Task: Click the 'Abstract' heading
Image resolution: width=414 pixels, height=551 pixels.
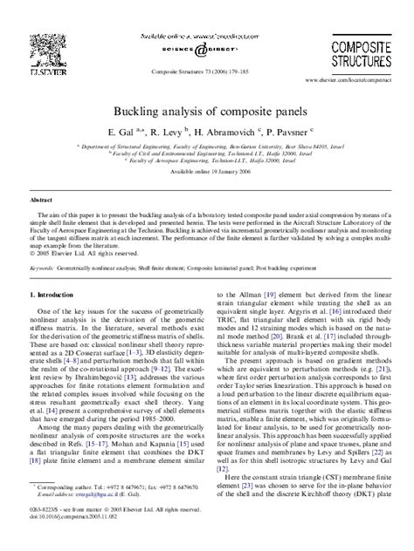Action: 41,200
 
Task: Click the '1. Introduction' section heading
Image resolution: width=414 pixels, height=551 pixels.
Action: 52,296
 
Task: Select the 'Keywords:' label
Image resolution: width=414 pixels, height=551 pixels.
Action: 42,269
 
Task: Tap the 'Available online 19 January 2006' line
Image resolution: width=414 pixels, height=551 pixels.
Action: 207,173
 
